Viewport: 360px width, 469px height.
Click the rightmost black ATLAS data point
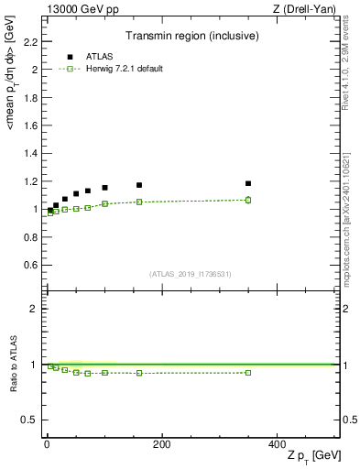click(248, 183)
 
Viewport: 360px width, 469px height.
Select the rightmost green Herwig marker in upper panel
click(248, 200)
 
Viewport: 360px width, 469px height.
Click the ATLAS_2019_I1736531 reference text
click(191, 273)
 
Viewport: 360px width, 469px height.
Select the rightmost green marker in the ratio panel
click(248, 372)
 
